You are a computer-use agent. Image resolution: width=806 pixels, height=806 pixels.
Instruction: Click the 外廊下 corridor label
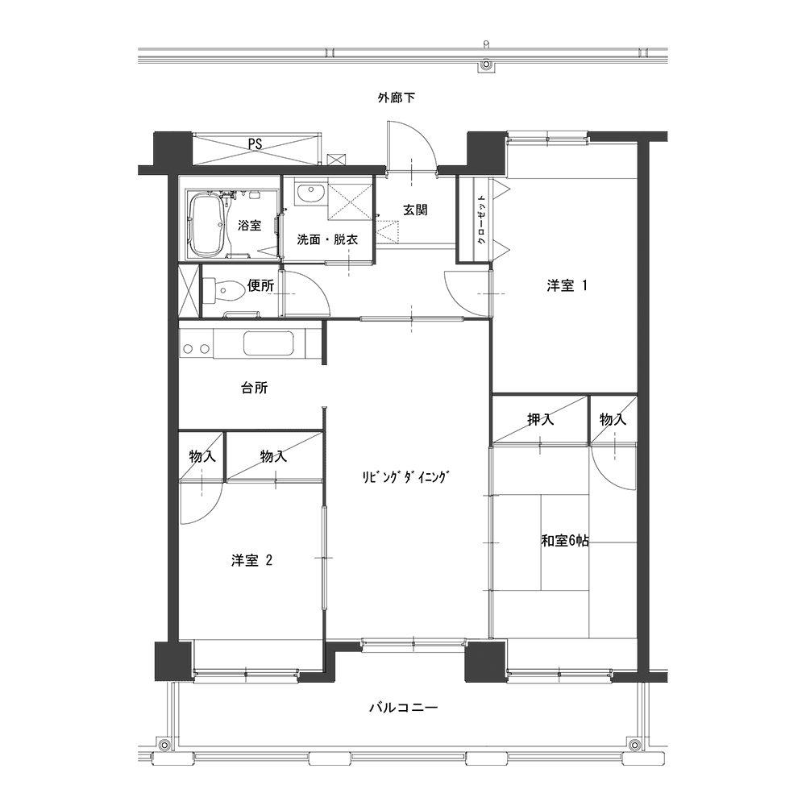397,98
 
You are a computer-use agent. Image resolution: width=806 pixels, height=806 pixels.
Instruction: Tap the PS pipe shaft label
255,144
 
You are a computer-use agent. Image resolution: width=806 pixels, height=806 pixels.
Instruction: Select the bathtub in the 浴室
207,225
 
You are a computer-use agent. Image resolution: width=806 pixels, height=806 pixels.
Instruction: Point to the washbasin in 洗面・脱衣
309,194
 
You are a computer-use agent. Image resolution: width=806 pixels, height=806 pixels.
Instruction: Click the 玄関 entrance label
415,210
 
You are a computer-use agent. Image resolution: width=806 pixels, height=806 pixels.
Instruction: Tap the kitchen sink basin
268,343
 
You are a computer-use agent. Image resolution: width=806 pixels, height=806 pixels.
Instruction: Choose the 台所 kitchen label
255,388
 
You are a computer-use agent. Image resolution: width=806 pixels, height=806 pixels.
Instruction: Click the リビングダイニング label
405,477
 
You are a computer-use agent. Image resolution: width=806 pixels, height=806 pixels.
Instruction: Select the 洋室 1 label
567,286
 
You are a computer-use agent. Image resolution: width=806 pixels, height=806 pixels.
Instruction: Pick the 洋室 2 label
251,560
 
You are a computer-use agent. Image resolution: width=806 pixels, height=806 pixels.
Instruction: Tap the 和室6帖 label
565,541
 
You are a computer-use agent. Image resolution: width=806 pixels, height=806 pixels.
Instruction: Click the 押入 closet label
540,419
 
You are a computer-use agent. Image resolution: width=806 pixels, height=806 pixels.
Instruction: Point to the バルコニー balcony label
404,708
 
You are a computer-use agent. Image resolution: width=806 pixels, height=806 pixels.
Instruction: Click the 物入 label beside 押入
613,420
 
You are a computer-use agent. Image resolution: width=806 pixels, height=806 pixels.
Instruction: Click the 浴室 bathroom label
249,225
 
